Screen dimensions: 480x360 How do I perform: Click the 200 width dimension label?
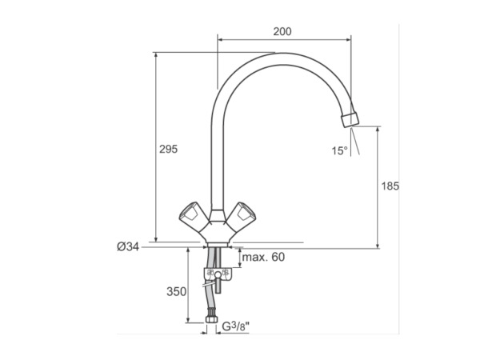282,31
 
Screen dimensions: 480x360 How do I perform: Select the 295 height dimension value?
168,149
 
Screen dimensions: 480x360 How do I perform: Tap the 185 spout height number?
390,186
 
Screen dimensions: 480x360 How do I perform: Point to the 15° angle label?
340,150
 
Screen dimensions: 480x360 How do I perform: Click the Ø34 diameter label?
128,246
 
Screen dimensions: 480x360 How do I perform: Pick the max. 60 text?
263,257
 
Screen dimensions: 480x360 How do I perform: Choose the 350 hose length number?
176,292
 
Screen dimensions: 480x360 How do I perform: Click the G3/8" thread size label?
235,326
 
